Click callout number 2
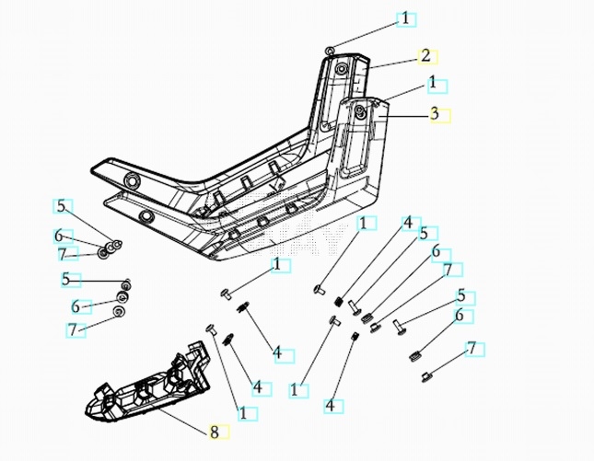point(425,55)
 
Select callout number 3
point(433,114)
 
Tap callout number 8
point(214,430)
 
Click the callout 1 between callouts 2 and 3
point(432,83)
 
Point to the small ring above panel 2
point(330,49)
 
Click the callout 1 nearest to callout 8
point(243,414)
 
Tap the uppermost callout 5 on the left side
point(62,206)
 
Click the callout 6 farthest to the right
point(458,316)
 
